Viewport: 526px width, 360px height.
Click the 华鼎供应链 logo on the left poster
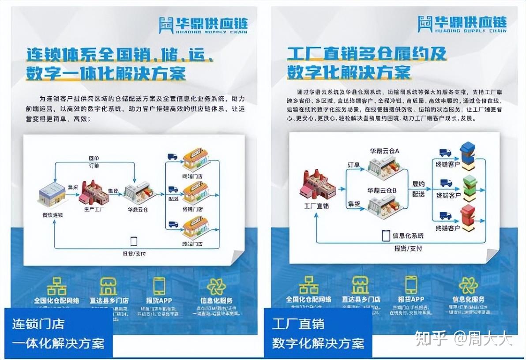pos(203,25)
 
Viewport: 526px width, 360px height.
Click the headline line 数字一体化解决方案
pos(105,72)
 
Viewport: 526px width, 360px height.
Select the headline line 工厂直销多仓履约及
pos(366,54)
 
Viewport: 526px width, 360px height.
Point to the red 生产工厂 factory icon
pos(94,193)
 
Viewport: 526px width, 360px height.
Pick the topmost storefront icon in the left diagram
pos(195,160)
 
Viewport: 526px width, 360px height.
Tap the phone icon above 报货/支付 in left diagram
pos(134,241)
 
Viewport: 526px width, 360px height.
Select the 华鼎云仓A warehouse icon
pos(384,166)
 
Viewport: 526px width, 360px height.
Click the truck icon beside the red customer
pos(445,216)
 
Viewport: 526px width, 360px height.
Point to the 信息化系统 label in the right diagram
pos(408,236)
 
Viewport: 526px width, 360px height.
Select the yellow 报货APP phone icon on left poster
pos(159,286)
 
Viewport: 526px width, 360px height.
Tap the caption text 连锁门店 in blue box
pos(38,324)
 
